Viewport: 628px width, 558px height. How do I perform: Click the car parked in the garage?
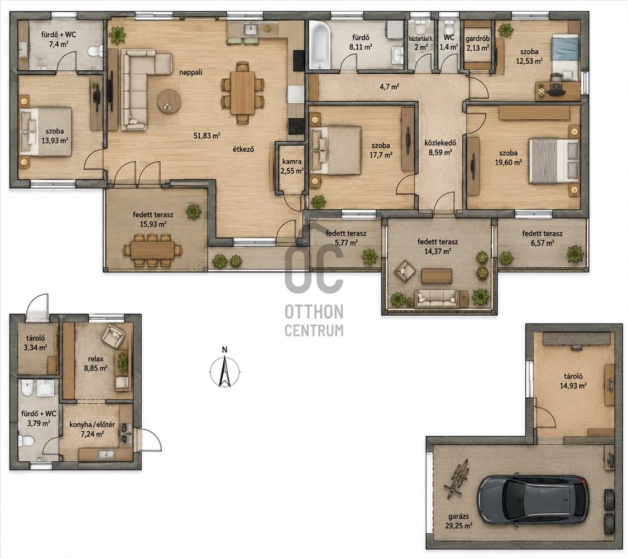coord(533,498)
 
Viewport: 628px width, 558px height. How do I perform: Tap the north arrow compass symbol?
coord(225,371)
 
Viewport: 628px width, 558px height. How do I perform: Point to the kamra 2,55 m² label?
coord(292,166)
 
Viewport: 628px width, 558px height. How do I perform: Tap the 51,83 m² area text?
coord(207,136)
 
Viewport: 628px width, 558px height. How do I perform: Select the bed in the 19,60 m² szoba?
coord(554,161)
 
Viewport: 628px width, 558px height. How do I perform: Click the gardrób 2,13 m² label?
coord(477,44)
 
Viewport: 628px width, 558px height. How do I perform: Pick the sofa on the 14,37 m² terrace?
coord(437,299)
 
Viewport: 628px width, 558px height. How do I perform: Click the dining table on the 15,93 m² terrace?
coord(152,250)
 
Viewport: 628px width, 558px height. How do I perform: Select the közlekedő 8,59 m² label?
coord(440,147)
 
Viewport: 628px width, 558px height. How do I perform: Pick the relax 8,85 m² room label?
coord(95,363)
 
